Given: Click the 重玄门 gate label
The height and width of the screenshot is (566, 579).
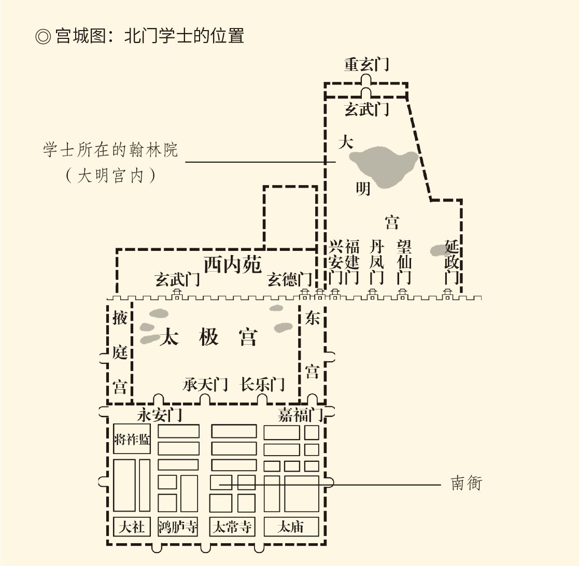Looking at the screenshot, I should [x=366, y=65].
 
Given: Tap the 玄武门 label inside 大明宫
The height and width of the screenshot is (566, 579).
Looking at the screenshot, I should [x=366, y=110].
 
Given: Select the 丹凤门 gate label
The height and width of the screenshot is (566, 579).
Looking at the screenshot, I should [x=376, y=262].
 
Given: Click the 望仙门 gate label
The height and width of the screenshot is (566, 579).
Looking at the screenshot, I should [x=404, y=262].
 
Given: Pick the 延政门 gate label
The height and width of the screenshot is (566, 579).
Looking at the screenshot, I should [x=451, y=262].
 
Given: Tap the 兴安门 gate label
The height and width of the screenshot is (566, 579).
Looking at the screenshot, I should [x=335, y=262].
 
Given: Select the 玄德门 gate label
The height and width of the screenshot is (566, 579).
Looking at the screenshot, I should [x=290, y=280].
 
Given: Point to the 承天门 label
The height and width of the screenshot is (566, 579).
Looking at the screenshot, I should [x=205, y=385].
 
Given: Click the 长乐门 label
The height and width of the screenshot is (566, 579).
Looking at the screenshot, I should [x=262, y=385].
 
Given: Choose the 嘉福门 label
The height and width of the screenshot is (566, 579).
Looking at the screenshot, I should [x=300, y=415].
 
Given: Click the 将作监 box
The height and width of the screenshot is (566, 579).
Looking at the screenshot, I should [x=132, y=439].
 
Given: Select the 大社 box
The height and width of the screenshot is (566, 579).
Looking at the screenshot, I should [x=132, y=527].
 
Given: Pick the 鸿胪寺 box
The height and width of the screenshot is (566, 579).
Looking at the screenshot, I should [x=178, y=527].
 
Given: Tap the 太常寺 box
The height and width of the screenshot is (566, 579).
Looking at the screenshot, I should [x=233, y=527].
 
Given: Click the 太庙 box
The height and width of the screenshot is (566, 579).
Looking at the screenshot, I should [x=291, y=527].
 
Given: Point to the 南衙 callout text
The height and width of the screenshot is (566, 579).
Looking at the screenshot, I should [x=467, y=484].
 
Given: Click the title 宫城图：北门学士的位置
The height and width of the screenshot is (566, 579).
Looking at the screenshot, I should [x=140, y=37].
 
